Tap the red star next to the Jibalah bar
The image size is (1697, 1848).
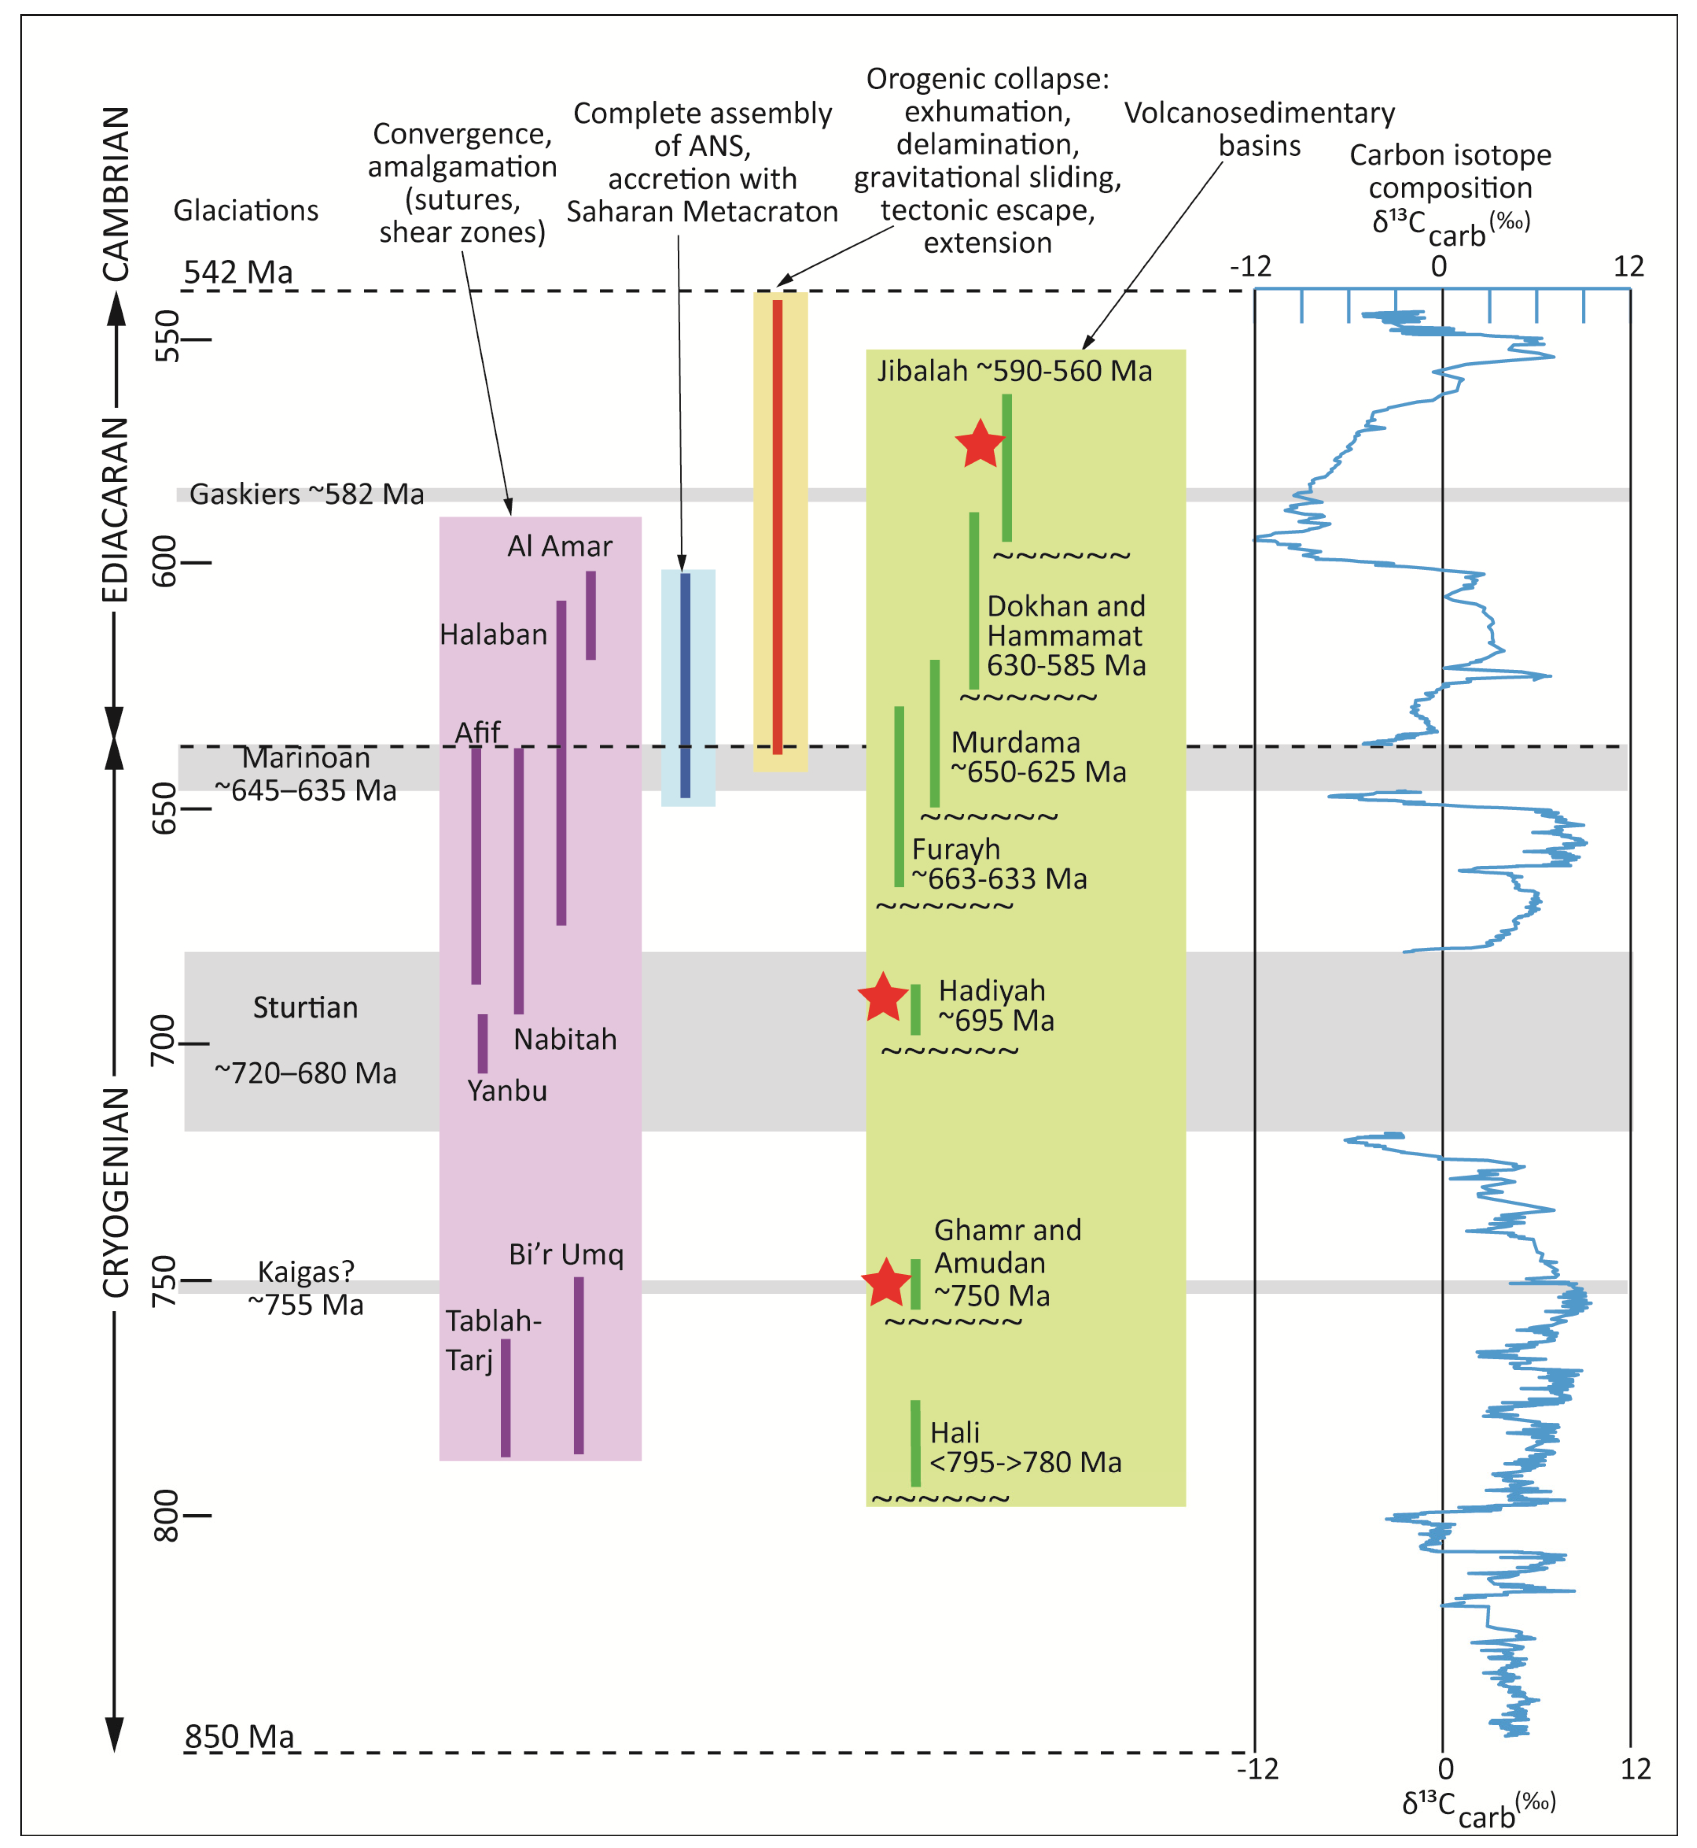980,444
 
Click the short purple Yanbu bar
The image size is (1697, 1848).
482,1043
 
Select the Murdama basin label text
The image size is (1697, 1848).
1015,742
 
